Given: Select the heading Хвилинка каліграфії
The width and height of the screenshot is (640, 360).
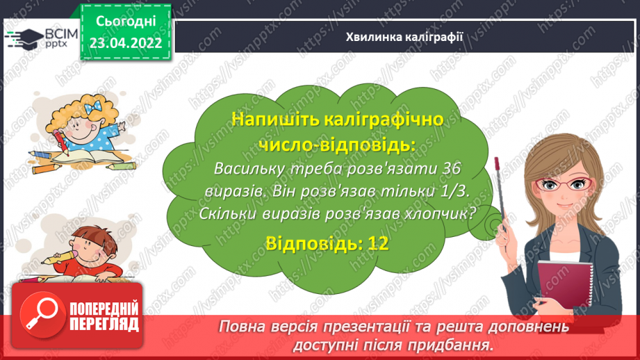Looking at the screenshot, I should [404, 36].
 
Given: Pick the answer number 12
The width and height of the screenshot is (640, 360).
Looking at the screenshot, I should [377, 242].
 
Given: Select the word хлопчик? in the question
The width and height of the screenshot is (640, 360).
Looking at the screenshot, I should [441, 213].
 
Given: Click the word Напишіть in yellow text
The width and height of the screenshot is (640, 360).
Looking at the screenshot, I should [266, 119].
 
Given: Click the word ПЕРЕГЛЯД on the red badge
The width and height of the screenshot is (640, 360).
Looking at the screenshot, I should [104, 324].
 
